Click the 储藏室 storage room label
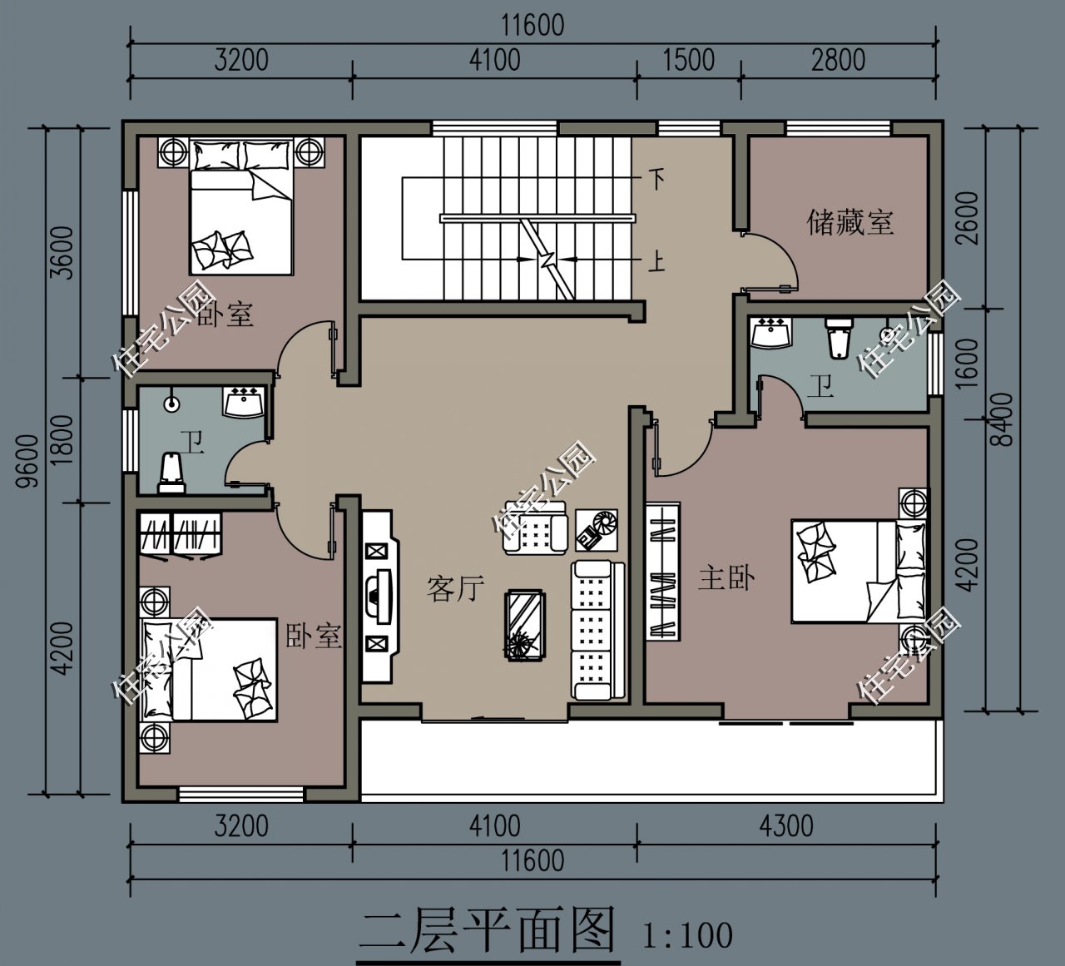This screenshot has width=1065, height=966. [850, 222]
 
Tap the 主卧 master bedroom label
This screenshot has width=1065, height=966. [726, 577]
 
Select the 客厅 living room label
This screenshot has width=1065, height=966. [455, 588]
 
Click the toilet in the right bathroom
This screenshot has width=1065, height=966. [838, 334]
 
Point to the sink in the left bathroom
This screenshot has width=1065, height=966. [243, 401]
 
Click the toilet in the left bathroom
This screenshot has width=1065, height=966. [171, 473]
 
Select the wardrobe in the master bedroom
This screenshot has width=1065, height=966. [662, 570]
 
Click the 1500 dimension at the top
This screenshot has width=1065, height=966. [688, 60]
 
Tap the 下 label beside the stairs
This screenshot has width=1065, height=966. [657, 178]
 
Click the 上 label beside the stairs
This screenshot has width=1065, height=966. [657, 262]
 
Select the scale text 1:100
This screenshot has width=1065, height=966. [687, 935]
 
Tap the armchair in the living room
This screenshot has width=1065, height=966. [535, 529]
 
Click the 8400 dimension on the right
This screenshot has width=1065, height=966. [1004, 419]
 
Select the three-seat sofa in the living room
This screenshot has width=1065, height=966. [597, 630]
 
